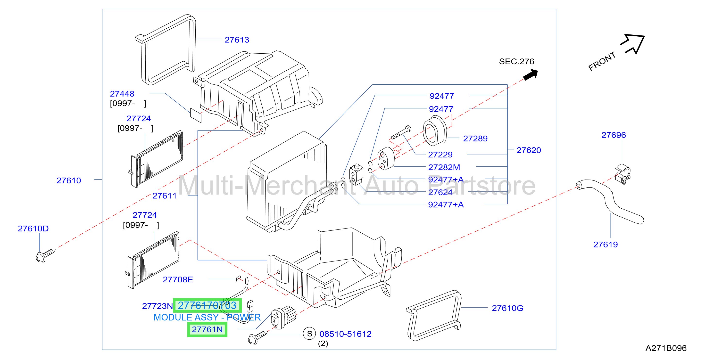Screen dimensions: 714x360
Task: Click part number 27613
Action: click(237, 40)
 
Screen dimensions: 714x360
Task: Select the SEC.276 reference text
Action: click(516, 62)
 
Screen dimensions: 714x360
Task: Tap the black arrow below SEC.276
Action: click(531, 75)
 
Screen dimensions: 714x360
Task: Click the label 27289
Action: click(475, 139)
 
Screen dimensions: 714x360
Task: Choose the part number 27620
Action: click(529, 150)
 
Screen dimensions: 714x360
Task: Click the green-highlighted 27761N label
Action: click(207, 329)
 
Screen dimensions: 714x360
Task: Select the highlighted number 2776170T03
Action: click(207, 305)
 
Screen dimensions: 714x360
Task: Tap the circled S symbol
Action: click(310, 334)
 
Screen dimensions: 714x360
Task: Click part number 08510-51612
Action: click(345, 334)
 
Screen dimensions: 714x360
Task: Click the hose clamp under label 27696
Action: click(623, 174)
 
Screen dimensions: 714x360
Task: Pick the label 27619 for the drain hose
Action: click(605, 245)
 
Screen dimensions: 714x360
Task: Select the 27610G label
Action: click(507, 308)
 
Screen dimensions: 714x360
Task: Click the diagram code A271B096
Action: click(666, 348)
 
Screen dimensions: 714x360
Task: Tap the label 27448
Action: click(122, 94)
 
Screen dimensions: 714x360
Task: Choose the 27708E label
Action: click(178, 280)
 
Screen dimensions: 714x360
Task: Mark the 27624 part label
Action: click(440, 192)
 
